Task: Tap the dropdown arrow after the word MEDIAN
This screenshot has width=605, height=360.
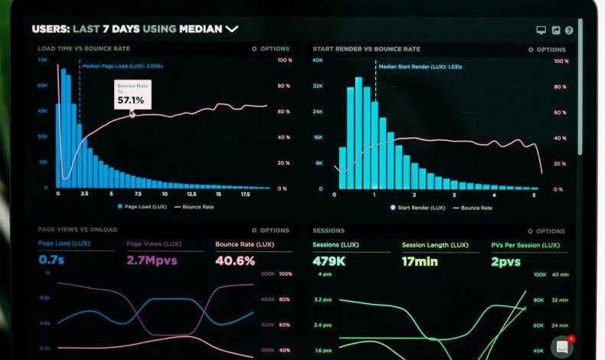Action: (x=231, y=29)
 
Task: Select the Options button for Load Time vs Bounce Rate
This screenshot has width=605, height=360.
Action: (x=271, y=48)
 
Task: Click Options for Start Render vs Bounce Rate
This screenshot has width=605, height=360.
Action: (x=547, y=49)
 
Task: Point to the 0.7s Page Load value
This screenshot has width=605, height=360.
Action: (x=52, y=260)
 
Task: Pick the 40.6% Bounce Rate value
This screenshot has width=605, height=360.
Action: (x=235, y=260)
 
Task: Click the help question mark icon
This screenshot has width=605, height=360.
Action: (x=569, y=31)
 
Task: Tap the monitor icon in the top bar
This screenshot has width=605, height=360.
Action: (x=541, y=31)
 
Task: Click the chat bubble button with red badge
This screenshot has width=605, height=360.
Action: (x=562, y=347)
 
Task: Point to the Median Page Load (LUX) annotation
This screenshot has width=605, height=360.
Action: (x=123, y=66)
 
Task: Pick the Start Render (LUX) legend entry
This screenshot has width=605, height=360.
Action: (x=417, y=208)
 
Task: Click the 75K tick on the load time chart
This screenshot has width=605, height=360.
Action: (x=42, y=60)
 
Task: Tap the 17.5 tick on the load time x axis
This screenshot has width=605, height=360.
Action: (x=245, y=195)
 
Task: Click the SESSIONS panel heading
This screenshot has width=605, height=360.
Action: (x=329, y=230)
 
